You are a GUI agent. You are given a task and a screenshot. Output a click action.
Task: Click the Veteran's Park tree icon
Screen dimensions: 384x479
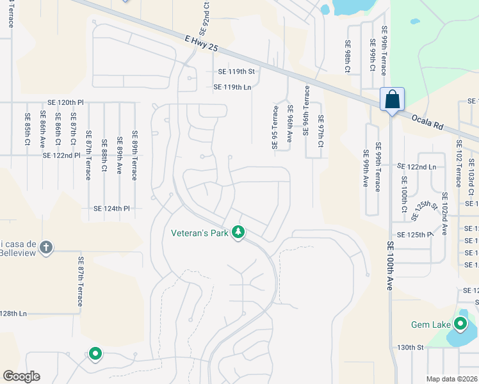238,232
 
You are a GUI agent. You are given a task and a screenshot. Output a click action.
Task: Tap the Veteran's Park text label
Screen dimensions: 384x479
200,234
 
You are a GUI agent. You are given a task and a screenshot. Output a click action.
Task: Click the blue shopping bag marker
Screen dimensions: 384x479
391,100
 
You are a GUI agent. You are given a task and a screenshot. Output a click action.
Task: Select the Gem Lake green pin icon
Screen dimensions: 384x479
461,324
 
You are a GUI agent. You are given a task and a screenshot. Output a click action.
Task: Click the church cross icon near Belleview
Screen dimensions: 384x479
45,247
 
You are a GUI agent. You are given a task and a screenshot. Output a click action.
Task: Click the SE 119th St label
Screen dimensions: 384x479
236,72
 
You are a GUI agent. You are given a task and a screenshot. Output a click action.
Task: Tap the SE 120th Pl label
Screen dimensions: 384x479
65,102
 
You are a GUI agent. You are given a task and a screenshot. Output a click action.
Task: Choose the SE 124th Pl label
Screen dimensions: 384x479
111,209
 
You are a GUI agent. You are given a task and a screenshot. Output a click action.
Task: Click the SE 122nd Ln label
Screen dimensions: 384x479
416,166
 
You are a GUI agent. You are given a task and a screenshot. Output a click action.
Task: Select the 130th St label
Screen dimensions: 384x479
410,348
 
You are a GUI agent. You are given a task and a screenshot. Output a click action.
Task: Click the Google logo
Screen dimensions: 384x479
22,376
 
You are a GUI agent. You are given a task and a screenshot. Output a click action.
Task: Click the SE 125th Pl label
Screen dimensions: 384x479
415,236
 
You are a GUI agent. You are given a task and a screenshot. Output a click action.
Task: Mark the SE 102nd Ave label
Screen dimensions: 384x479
445,212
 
